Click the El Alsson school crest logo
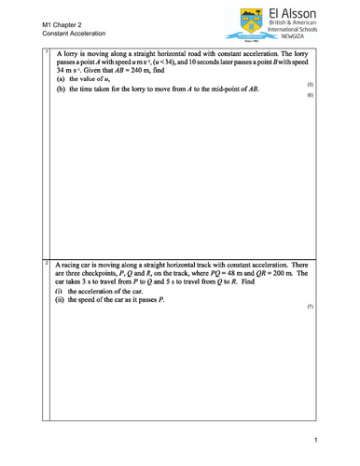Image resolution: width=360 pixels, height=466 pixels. pos(245,23)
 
